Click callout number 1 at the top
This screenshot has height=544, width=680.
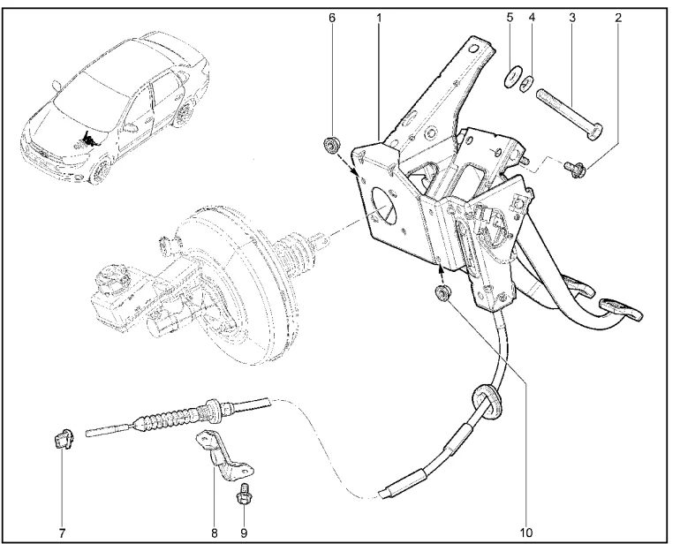pos(379,17)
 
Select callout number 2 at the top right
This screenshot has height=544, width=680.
pos(617,17)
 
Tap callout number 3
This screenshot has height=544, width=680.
pos(572,17)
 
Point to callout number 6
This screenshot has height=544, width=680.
pos(332,17)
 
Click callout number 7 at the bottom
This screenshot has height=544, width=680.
pos(62,533)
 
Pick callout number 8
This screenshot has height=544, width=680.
pos(214,533)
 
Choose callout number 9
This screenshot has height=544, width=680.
pos(245,533)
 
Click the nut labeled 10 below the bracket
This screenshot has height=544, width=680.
pos(444,293)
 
